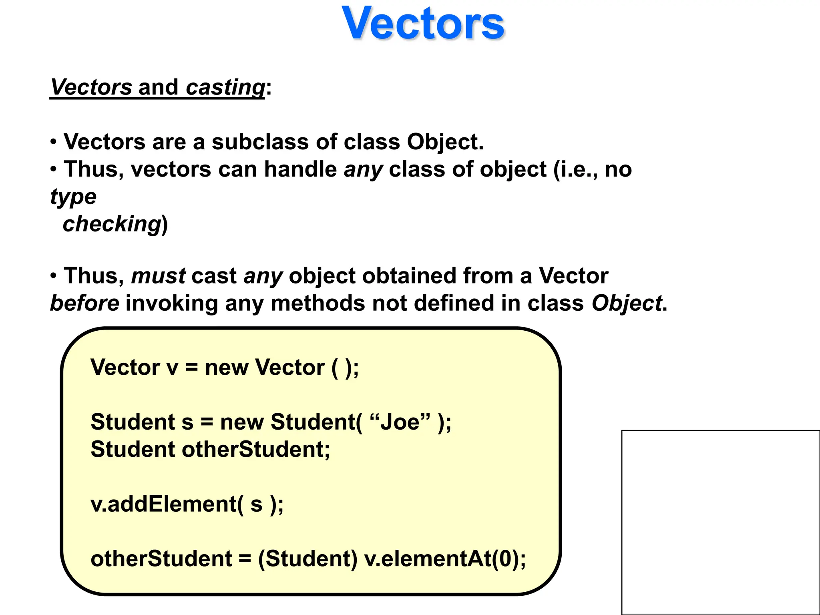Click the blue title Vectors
(423, 24)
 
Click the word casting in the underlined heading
(225, 87)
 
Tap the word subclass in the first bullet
(260, 142)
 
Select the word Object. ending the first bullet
(445, 142)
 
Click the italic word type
(73, 197)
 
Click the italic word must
(158, 276)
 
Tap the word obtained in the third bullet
(409, 276)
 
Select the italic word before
(84, 303)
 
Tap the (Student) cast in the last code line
(307, 559)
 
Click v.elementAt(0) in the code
(440, 559)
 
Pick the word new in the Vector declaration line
(226, 368)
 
